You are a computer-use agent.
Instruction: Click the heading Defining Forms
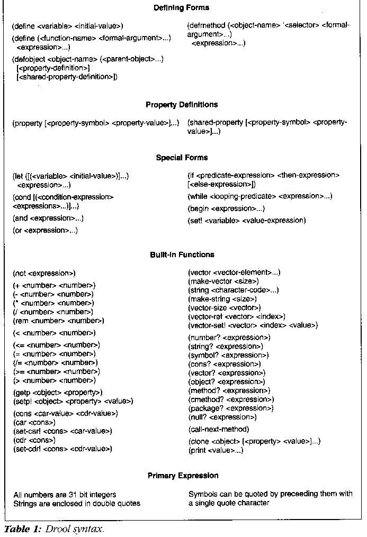181,8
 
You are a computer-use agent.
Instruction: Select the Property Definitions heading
182,105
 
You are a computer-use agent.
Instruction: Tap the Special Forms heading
182,158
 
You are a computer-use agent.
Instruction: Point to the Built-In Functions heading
182,255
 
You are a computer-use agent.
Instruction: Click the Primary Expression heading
183,476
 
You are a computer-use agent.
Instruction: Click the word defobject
30,59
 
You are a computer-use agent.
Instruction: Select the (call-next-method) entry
219,429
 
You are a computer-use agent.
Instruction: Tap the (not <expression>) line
44,274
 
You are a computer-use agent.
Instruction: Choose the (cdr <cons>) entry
34,440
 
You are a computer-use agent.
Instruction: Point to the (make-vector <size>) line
223,281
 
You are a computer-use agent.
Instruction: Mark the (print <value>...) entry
216,450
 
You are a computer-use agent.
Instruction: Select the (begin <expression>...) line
226,208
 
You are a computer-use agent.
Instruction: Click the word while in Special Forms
200,196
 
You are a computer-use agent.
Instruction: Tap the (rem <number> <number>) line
58,321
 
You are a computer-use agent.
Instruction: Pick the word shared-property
217,123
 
